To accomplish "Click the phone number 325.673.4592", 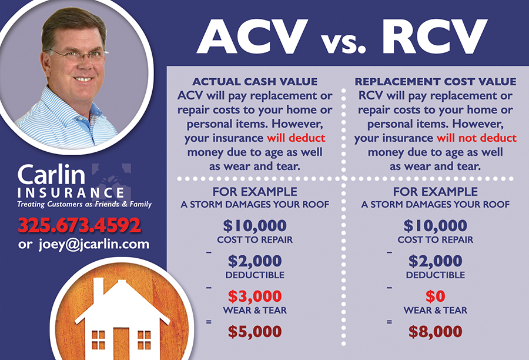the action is coord(79,225).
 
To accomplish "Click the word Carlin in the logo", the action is coord(51,175).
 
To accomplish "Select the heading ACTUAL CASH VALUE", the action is coord(255,82).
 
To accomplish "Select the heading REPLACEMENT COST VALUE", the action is coord(435,82).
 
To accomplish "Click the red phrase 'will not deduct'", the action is coord(476,138).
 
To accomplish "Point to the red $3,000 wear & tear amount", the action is coord(255,296).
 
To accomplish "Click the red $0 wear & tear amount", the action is coord(435,296).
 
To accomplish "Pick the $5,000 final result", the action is coord(255,331).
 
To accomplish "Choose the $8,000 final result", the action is coord(435,331).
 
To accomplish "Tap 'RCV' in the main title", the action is coord(434,36).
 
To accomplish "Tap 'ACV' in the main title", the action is coord(252,36).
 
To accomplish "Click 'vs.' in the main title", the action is coord(343,43).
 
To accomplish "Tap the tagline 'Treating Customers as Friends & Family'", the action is coord(84,204).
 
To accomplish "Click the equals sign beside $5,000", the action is coord(209,322).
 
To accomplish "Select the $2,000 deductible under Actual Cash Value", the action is coord(255,261).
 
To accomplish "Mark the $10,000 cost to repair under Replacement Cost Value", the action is coord(435,226).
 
